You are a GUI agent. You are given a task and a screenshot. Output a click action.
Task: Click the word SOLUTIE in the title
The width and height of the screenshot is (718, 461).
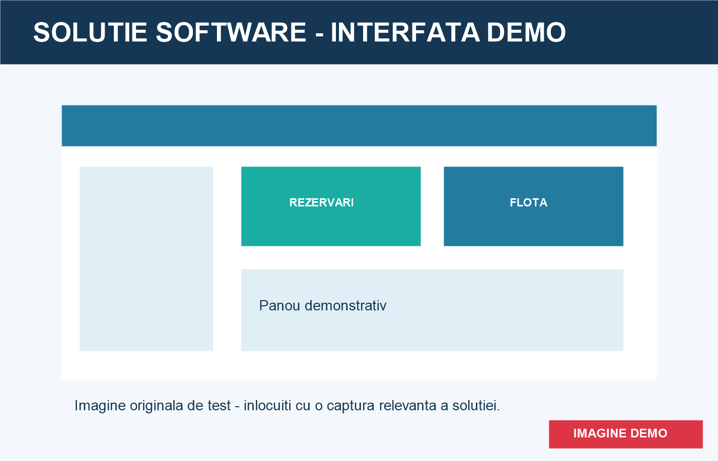click(x=90, y=32)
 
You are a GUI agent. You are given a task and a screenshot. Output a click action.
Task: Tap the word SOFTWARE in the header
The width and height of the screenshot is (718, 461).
click(x=231, y=32)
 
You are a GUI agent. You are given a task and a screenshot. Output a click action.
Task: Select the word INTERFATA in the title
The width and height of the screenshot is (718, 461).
click(x=405, y=32)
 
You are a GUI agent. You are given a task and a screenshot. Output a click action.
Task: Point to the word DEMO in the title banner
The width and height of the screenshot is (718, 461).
click(x=526, y=32)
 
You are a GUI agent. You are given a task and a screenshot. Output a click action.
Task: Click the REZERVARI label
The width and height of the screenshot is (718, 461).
click(x=322, y=203)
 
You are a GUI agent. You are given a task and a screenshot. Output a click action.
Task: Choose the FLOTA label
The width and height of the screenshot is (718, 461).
click(x=529, y=203)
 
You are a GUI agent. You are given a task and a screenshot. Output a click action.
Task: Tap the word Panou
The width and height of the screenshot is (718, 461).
click(x=280, y=305)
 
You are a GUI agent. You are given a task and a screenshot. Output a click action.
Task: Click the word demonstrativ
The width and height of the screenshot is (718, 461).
click(x=346, y=305)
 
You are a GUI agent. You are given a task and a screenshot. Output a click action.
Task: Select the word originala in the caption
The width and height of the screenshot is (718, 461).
click(x=156, y=406)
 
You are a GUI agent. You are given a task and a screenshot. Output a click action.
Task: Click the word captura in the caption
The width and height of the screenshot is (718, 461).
click(x=351, y=406)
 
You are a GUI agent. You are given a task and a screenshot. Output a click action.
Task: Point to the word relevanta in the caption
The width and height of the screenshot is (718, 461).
click(x=408, y=406)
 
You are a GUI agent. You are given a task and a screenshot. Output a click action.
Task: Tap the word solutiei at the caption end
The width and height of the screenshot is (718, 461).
click(x=476, y=406)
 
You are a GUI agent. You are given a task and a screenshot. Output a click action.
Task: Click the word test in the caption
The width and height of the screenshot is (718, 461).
click(x=219, y=406)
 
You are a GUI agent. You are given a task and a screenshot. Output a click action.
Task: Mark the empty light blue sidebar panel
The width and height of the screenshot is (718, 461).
click(x=147, y=259)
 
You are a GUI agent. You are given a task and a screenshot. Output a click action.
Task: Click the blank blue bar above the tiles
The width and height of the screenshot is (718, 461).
click(x=359, y=126)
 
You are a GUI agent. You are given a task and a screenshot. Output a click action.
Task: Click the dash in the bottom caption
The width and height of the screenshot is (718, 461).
click(x=237, y=407)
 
